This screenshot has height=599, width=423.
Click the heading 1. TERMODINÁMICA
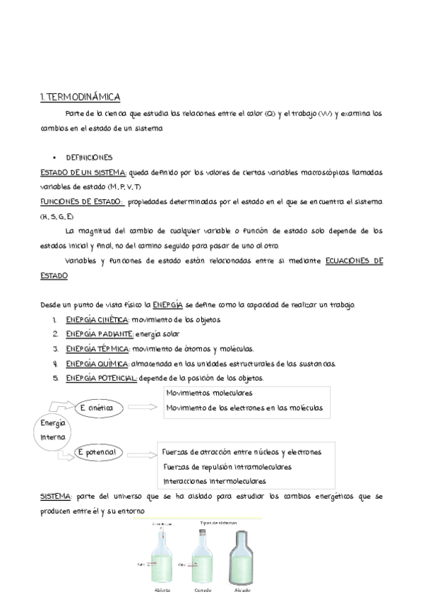(80, 97)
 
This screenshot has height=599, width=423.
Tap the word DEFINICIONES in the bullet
(89, 158)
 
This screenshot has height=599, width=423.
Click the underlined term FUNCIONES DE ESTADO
(82, 202)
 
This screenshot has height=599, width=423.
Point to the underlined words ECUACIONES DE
(354, 261)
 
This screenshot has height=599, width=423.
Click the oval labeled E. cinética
(98, 408)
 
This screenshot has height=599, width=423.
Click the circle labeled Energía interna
(53, 430)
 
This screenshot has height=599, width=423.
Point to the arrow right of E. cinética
(143, 408)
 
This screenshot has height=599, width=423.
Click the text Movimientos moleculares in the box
(209, 393)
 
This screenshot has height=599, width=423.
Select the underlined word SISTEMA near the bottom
(55, 497)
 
